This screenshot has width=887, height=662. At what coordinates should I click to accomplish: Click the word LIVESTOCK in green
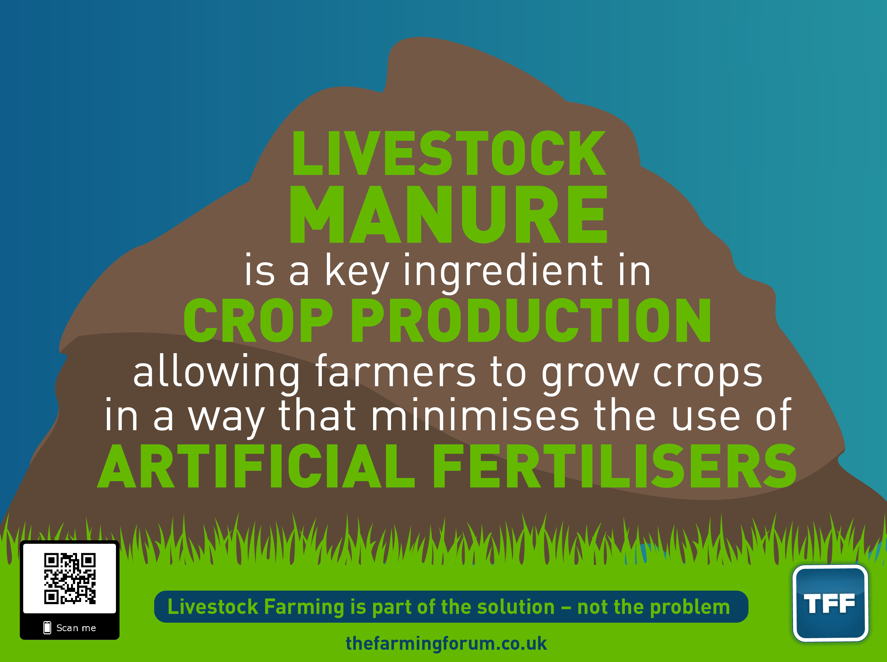pyautogui.click(x=449, y=153)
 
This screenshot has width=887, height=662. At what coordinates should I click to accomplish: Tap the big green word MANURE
pyautogui.click(x=449, y=214)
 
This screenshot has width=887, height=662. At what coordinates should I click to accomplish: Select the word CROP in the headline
pyautogui.click(x=258, y=320)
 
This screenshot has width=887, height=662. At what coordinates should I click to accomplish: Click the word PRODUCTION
pyautogui.click(x=532, y=320)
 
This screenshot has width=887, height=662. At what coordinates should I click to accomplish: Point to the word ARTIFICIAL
pyautogui.click(x=256, y=466)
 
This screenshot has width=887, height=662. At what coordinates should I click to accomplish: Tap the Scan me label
pyautogui.click(x=76, y=628)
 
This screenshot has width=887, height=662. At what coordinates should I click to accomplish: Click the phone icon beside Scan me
pyautogui.click(x=47, y=627)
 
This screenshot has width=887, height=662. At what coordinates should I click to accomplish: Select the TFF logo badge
pyautogui.click(x=830, y=603)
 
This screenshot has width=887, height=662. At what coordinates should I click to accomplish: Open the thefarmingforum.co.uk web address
pyautogui.click(x=446, y=643)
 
